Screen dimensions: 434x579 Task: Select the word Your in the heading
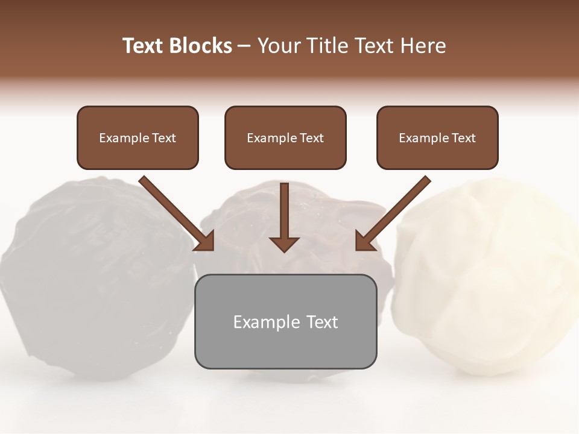coord(279,46)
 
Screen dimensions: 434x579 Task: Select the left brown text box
coord(138,137)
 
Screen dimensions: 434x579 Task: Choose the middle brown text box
coord(285,137)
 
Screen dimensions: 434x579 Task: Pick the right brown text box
coord(437,137)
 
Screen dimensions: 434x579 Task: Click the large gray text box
coord(285,321)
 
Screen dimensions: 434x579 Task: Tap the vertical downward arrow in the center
coord(284,217)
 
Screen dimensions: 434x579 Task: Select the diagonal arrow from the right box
coord(392,214)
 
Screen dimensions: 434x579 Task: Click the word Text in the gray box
coord(322,322)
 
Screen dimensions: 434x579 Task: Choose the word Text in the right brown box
coord(463,138)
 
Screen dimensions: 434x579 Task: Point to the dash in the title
coord(244,46)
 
